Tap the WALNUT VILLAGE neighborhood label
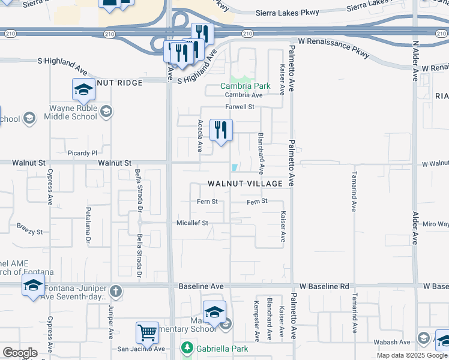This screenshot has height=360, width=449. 245,183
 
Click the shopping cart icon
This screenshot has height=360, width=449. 147,332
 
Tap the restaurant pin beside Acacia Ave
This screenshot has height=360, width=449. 221,129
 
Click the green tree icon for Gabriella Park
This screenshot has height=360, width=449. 187,348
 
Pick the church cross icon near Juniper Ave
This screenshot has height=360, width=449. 116,292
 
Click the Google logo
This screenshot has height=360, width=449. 20,353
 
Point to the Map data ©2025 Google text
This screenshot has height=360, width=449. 412,355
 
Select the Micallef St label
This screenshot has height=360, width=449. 191,223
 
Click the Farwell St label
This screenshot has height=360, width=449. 240,107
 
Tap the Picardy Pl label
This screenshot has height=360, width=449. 82,154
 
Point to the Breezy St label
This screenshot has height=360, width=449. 29,231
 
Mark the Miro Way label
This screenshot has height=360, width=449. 436,224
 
